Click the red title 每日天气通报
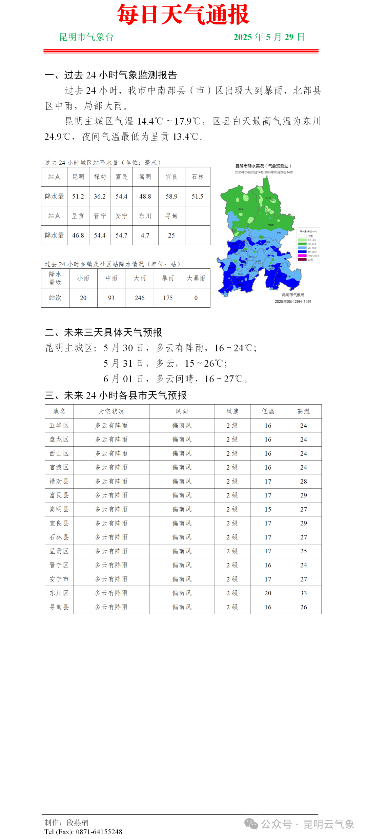tap(183, 15)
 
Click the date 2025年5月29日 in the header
tap(269, 37)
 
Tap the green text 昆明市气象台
tap(86, 37)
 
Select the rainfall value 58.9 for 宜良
tap(171, 197)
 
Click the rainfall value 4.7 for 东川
tap(145, 236)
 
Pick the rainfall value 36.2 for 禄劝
tap(100, 197)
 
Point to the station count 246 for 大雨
tap(140, 298)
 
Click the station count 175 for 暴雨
tap(168, 298)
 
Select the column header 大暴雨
tap(196, 278)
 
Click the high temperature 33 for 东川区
tap(303, 593)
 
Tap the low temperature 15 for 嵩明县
tap(268, 509)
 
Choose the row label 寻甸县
tap(59, 607)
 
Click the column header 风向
tap(182, 411)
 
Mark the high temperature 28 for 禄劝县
tap(303, 482)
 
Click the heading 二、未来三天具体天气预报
tap(103, 332)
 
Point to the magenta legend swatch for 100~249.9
tap(302, 255)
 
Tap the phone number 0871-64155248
tap(99, 832)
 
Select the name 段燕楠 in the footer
tap(78, 822)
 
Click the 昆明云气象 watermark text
tap(328, 824)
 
